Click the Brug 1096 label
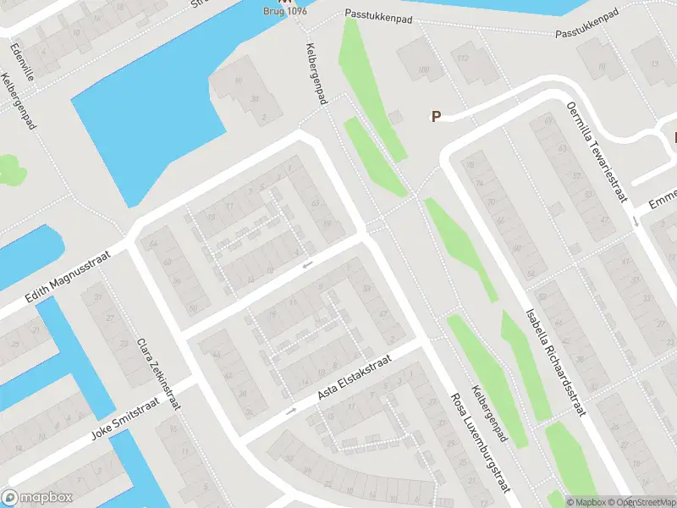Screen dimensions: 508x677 click(283, 11)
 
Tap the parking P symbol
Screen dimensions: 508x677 click(437, 117)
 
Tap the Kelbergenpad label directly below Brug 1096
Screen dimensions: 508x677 click(317, 75)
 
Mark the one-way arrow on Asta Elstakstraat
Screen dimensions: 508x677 click(292, 411)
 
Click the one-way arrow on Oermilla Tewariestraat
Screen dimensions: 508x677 click(635, 221)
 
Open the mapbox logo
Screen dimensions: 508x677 click(37, 497)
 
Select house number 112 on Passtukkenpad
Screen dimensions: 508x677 click(462, 58)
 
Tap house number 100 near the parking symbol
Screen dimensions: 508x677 click(423, 69)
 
